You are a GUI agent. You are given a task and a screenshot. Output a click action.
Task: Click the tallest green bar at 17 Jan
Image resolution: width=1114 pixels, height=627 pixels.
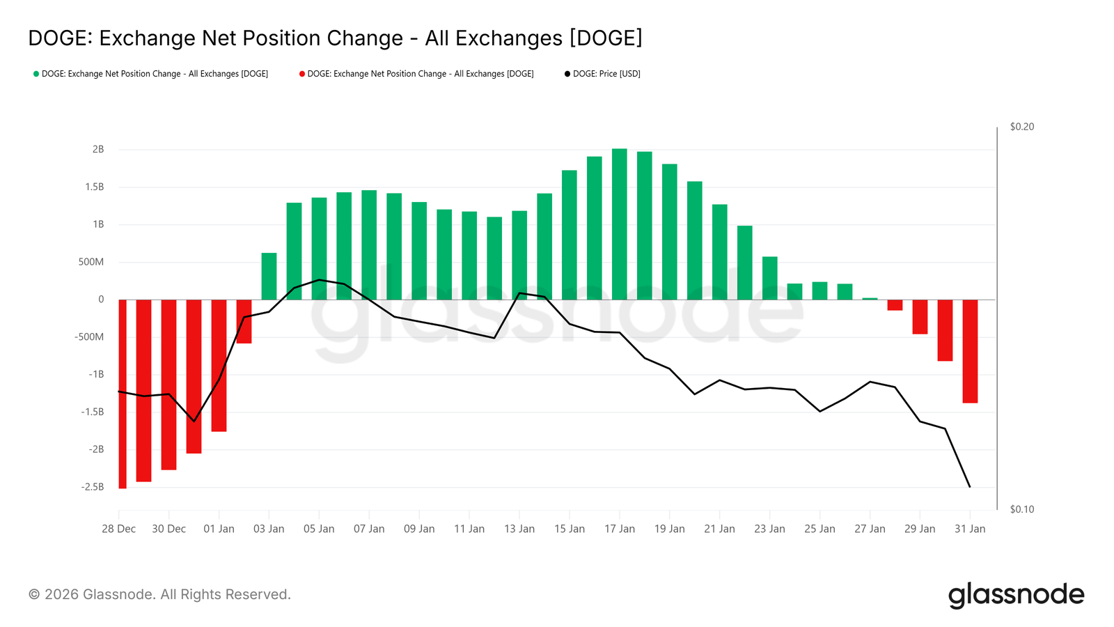pyautogui.click(x=619, y=223)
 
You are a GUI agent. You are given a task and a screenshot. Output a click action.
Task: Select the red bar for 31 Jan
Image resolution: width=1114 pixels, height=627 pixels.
pyautogui.click(x=970, y=351)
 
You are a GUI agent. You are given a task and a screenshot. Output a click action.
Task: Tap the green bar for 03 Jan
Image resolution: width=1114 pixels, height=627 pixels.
pyautogui.click(x=269, y=277)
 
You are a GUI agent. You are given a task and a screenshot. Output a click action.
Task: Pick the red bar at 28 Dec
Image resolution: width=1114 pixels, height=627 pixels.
pyautogui.click(x=123, y=394)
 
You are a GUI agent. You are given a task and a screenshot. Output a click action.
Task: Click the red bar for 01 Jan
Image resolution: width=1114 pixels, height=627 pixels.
pyautogui.click(x=219, y=365)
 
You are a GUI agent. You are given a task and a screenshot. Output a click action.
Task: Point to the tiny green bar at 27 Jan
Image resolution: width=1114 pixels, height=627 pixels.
pyautogui.click(x=870, y=299)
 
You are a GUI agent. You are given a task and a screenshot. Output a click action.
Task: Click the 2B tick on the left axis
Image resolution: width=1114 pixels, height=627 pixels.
pyautogui.click(x=98, y=149)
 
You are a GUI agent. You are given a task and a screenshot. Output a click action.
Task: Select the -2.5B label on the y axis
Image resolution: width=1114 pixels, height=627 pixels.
pyautogui.click(x=92, y=486)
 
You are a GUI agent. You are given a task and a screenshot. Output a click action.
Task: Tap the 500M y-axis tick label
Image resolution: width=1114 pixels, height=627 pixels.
pyautogui.click(x=91, y=262)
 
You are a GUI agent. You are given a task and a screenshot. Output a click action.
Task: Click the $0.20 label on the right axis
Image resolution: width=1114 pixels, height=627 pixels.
pyautogui.click(x=1021, y=127)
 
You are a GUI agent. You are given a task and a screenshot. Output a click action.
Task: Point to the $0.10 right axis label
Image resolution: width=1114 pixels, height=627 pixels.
pyautogui.click(x=1021, y=509)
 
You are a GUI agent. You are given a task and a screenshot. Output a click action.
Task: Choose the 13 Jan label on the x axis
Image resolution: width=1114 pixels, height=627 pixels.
pyautogui.click(x=519, y=529)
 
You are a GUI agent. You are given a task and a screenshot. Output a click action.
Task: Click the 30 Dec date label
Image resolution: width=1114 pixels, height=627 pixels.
pyautogui.click(x=168, y=529)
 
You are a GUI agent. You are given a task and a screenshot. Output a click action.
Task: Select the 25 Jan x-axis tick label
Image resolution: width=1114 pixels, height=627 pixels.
pyautogui.click(x=819, y=529)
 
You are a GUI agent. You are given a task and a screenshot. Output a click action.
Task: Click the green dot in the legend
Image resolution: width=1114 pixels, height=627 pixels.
pyautogui.click(x=36, y=74)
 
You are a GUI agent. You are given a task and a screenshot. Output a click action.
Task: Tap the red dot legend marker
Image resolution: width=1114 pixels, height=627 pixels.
pyautogui.click(x=301, y=74)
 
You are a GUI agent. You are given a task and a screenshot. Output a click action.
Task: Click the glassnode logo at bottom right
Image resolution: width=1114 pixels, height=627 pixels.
pyautogui.click(x=1016, y=595)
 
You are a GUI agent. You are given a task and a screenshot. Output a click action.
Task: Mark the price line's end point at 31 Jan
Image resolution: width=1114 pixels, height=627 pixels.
pyautogui.click(x=970, y=486)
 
